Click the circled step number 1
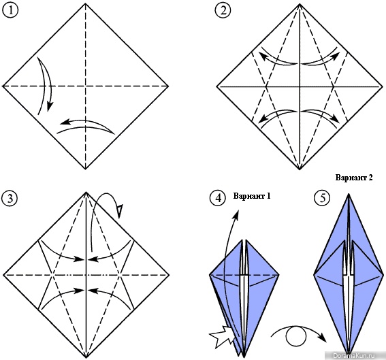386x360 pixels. coord(10,11)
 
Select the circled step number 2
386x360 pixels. coord(223,11)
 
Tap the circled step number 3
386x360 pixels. coord(10,198)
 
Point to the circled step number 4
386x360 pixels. coord(218,198)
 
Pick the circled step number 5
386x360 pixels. coord(322,198)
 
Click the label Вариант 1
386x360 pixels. coord(252,196)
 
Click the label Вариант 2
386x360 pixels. coord(354,178)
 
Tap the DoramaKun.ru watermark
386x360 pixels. coord(354,355)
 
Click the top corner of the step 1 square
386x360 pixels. coord(85,3)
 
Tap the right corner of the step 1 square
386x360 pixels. coord(168,86)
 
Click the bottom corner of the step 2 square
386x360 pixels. coord(300,169)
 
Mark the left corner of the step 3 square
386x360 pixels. coord(3,275)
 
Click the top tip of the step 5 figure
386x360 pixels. coord(349,194)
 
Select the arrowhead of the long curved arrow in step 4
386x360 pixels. coord(238,213)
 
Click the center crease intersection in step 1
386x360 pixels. coord(85,86)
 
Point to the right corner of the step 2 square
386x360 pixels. coord(383,86)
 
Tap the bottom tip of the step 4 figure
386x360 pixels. coord(244,357)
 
